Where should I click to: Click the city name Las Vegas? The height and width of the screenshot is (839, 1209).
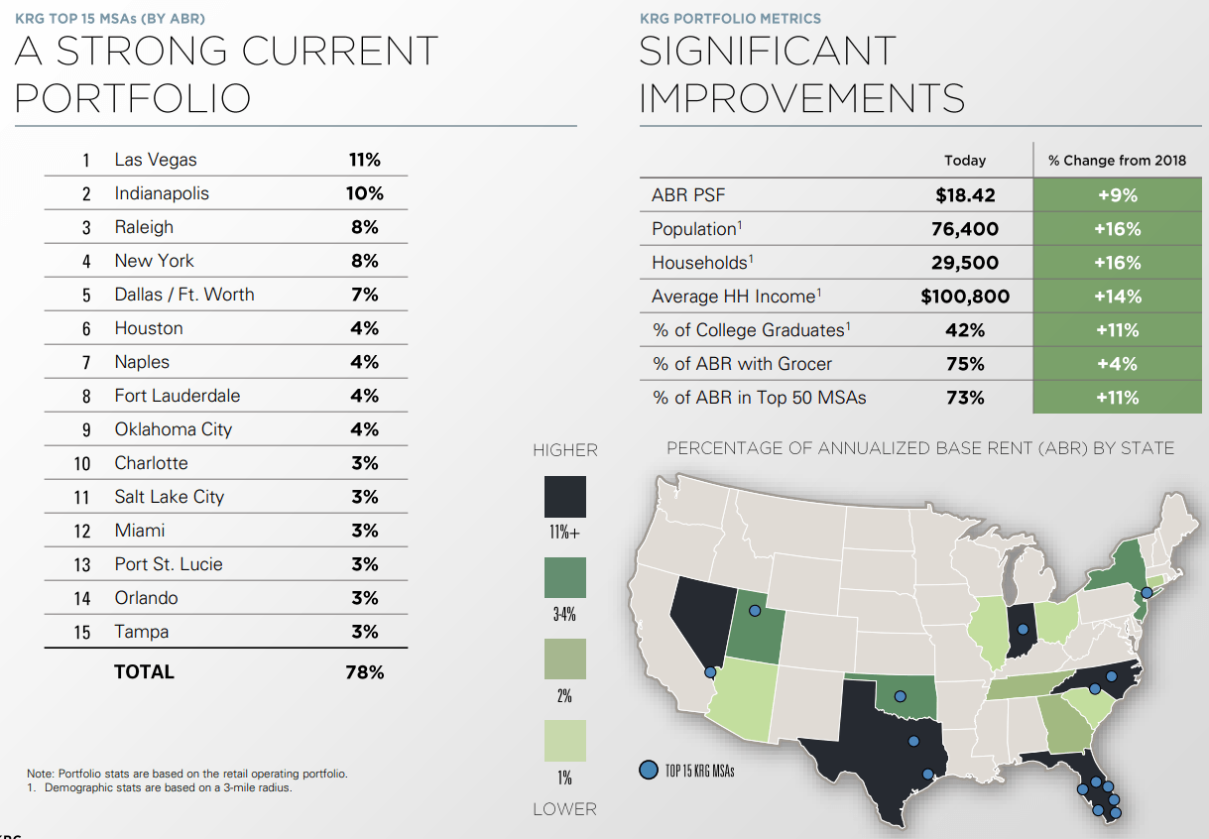tap(156, 160)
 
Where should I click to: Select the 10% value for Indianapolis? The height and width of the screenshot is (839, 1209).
tap(364, 193)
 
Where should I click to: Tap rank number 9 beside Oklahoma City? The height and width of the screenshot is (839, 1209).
tap(86, 429)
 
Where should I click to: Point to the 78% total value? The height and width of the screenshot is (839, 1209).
tap(364, 672)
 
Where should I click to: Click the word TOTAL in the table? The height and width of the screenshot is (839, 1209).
tap(144, 671)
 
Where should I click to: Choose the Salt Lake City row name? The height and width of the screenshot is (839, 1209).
tap(169, 497)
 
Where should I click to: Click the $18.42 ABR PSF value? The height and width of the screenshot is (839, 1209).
tap(965, 195)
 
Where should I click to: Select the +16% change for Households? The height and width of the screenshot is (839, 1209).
tap(1117, 263)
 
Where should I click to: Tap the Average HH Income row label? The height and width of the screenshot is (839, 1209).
tap(735, 297)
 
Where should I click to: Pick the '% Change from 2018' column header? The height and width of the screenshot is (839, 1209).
tap(1117, 160)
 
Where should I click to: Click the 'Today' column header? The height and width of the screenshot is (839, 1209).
tap(965, 160)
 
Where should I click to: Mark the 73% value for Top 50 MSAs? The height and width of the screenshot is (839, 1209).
tap(965, 398)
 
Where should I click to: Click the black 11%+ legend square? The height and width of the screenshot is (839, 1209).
tap(565, 497)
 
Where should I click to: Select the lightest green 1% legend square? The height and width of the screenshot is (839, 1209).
tap(565, 741)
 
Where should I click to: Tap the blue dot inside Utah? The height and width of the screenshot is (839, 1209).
tap(754, 611)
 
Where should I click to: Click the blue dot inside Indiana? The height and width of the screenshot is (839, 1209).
tap(1022, 629)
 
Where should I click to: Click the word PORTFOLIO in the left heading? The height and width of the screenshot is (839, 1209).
tap(132, 98)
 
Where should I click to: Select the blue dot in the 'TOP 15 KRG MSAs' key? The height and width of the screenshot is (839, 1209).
tap(648, 770)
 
